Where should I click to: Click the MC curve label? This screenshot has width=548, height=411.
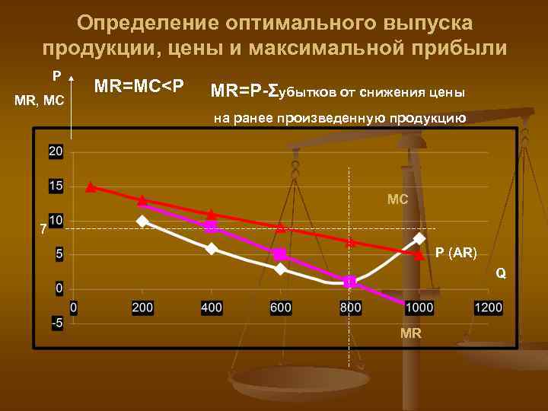tap(397, 199)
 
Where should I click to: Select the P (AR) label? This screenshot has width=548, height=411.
tap(456, 253)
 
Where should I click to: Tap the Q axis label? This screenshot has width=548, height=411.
tap(500, 272)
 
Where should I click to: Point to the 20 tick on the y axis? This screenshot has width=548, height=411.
tap(56, 151)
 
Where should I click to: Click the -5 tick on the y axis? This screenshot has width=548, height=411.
tap(56, 322)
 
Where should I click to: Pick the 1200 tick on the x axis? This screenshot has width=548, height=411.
tap(488, 307)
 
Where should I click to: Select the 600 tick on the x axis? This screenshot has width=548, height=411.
tap(280, 307)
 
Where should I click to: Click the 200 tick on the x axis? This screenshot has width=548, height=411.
tap(142, 307)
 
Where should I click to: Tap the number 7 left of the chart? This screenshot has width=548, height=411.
tap(43, 228)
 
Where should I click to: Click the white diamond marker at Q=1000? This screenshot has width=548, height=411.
tap(419, 238)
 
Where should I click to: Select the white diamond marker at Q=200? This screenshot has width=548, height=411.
tap(142, 221)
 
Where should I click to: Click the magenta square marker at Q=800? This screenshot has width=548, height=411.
tap(349, 282)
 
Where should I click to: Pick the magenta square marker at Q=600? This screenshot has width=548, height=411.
tap(280, 254)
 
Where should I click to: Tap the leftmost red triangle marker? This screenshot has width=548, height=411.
tap(91, 186)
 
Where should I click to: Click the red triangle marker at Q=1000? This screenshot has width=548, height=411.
tap(419, 255)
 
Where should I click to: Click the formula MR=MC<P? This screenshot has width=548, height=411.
tap(139, 84)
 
